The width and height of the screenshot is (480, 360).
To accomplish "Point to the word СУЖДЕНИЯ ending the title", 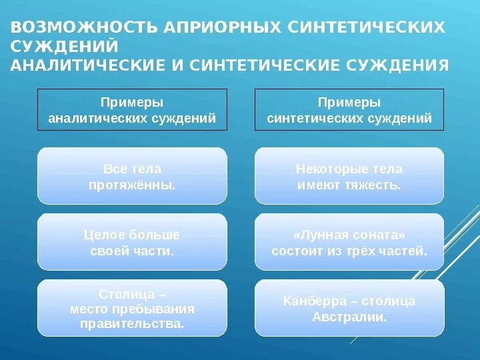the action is click(398, 65).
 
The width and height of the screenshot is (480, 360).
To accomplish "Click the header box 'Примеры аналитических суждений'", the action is click(132, 110).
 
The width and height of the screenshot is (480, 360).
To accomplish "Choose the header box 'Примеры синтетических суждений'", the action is click(349, 110).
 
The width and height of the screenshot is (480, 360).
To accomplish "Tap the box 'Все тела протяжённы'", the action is click(132, 177).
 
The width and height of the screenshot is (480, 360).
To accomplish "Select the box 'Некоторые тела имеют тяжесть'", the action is click(349, 177).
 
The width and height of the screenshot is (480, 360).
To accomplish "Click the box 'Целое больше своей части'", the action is click(132, 243).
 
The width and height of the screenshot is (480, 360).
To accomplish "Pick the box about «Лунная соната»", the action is click(349, 243).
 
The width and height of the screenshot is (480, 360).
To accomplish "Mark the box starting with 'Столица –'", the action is click(132, 309).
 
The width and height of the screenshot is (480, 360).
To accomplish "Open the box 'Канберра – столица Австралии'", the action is click(349, 309).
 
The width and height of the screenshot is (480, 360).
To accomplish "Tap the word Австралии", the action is click(349, 317).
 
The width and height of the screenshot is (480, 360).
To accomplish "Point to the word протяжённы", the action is click(132, 185).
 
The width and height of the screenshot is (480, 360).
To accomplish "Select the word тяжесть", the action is click(375, 185).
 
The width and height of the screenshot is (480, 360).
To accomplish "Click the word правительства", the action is click(132, 324).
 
